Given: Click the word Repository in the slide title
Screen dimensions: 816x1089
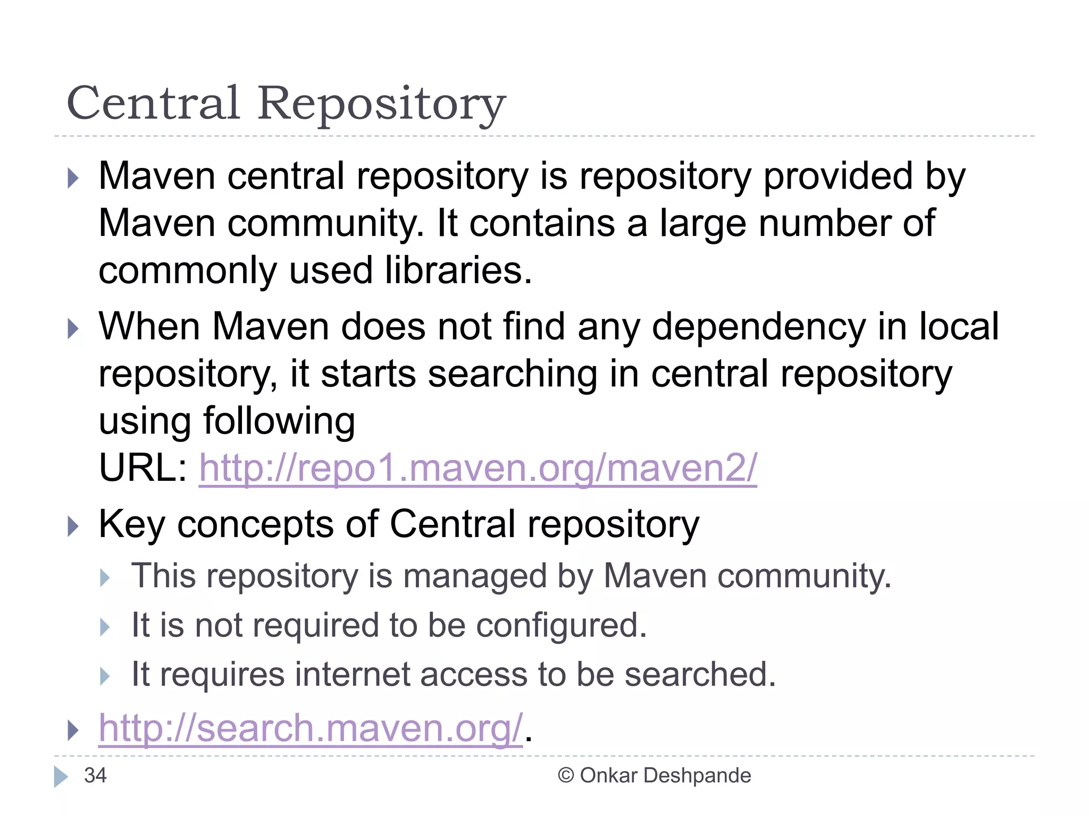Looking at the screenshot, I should click(x=381, y=105).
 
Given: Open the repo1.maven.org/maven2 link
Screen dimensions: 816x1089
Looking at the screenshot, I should click(x=478, y=468).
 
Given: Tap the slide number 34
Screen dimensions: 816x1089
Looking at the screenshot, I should click(x=95, y=776).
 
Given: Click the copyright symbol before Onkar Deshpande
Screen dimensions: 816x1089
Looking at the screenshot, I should click(x=565, y=776).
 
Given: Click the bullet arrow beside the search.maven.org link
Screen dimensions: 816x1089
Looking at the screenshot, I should click(x=73, y=730).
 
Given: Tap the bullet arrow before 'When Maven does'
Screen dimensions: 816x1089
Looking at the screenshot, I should click(x=73, y=329).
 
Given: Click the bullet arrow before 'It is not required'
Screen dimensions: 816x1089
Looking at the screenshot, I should click(x=105, y=627).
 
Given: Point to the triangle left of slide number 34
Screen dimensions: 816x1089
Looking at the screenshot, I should click(x=61, y=776).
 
